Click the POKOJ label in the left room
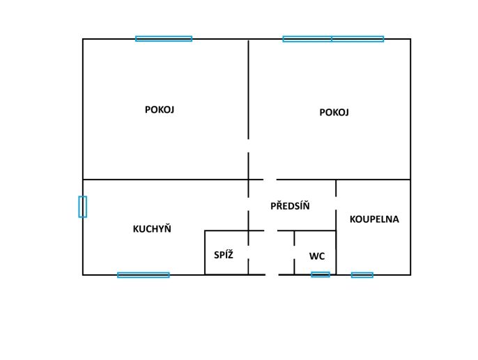pyautogui.click(x=160, y=109)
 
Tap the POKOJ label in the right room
pyautogui.click(x=334, y=112)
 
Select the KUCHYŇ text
pyautogui.click(x=152, y=228)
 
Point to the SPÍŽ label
pyautogui.click(x=224, y=255)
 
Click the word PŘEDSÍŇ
pyautogui.click(x=290, y=206)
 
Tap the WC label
pyautogui.click(x=317, y=256)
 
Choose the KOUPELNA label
pyautogui.click(x=374, y=219)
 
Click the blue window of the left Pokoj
pyautogui.click(x=164, y=39)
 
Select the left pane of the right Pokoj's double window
pyautogui.click(x=307, y=39)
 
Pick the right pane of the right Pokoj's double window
pyautogui.click(x=357, y=39)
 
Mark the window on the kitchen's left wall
pyautogui.click(x=83, y=207)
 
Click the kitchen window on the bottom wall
pyautogui.click(x=144, y=275)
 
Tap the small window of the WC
pyautogui.click(x=321, y=274)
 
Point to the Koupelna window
pyautogui.click(x=362, y=275)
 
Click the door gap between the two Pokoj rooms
pyautogui.click(x=249, y=146)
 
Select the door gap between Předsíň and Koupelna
pyautogui.click(x=336, y=203)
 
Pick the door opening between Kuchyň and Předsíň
pyautogui.click(x=249, y=204)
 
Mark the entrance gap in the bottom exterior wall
pyautogui.click(x=272, y=275)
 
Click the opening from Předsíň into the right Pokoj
pyautogui.click(x=270, y=180)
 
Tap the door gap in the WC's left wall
pyautogui.click(x=294, y=252)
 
